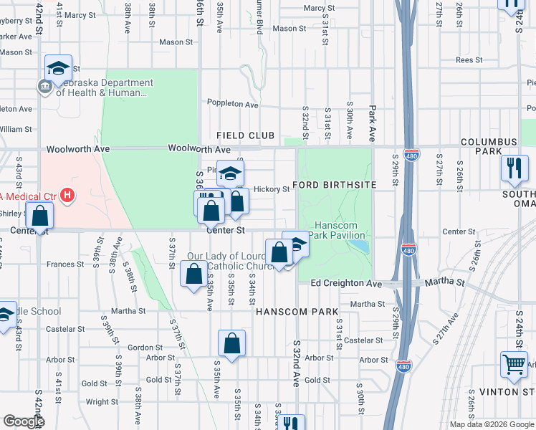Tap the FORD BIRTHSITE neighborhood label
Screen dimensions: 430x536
pos(335,185)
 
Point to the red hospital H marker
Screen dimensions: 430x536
pos(67,195)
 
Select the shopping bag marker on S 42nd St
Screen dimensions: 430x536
pos(41,214)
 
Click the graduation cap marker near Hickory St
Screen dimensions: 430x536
pos(230,173)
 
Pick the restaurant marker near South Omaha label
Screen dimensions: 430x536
pos(514,168)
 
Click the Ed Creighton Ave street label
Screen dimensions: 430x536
pos(347,283)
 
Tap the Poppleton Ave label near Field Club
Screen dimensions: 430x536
pos(232,105)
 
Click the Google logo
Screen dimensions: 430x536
pos(24,421)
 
